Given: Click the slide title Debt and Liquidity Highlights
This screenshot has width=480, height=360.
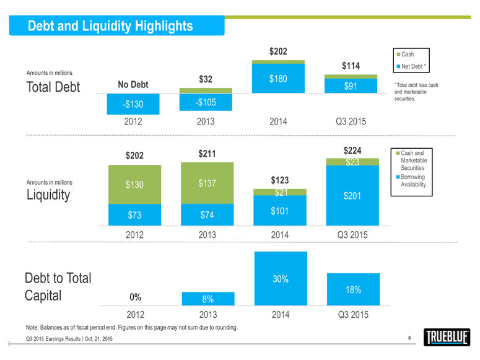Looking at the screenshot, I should coord(111,26).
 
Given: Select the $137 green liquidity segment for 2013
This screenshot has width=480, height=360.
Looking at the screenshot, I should coord(207,183).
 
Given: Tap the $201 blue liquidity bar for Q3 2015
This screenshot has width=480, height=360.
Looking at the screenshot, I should coord(353,196).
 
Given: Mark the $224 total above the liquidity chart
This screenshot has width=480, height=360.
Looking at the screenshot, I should coord(353,150).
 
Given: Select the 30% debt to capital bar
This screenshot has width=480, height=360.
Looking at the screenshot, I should coord(280,279).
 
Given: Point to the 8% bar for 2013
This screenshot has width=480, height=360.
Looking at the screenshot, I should coord(207,298).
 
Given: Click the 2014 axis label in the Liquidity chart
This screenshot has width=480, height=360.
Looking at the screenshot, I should coord(280,235).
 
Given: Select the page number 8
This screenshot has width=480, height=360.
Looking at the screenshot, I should coord(410,337).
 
